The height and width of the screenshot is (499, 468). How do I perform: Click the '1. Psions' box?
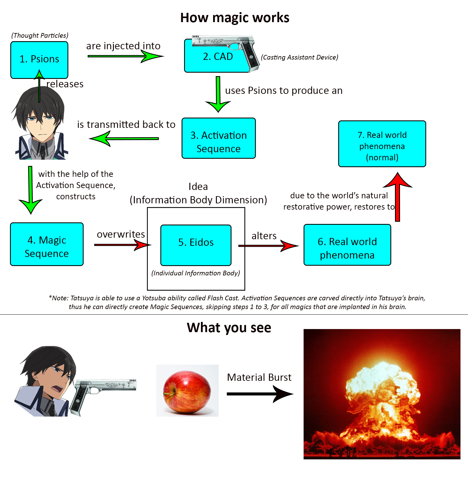click(x=39, y=59)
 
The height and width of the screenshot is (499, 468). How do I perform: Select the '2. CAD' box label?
click(x=218, y=57)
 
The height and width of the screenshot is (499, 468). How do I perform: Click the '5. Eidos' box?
click(x=196, y=245)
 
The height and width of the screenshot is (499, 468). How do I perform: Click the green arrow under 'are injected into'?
click(x=125, y=56)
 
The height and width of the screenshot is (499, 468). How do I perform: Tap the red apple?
click(x=187, y=391)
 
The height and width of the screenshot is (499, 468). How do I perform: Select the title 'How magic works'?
click(x=235, y=18)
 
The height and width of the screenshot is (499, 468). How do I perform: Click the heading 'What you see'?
click(x=229, y=328)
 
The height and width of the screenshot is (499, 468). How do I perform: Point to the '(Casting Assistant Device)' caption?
click(x=300, y=57)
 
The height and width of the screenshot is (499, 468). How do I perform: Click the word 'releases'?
click(x=65, y=84)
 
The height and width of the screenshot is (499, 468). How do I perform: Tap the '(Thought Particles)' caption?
click(x=40, y=36)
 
